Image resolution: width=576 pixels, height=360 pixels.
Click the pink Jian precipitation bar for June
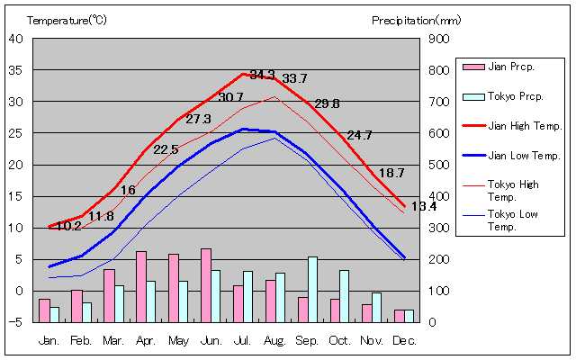(x=206, y=285)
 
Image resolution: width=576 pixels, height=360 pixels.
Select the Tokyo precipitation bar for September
(x=312, y=290)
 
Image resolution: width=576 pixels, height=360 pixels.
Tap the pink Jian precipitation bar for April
(x=141, y=286)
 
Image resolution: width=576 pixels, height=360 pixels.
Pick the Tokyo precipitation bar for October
(x=345, y=296)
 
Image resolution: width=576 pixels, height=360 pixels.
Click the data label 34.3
(x=263, y=74)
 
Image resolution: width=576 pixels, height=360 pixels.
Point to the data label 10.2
(x=68, y=226)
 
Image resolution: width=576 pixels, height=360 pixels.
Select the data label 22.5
(x=166, y=149)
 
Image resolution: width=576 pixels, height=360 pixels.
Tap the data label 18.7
(x=391, y=173)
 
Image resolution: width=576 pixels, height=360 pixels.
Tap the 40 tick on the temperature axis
(x=16, y=39)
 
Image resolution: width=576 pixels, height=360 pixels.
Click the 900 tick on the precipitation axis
(x=439, y=39)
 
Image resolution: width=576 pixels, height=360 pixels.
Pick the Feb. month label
(x=81, y=341)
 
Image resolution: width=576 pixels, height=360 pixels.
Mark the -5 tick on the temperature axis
(x=18, y=322)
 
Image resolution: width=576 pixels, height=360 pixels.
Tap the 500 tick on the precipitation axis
(x=439, y=165)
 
